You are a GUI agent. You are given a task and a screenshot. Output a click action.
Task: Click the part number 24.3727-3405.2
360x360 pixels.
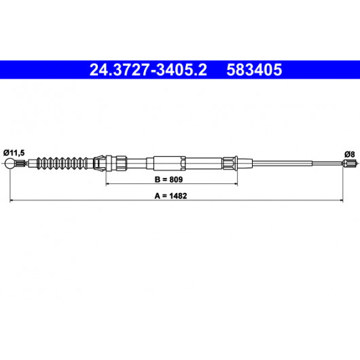click(x=148, y=70)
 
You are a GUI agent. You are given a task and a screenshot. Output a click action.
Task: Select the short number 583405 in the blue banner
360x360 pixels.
click(x=254, y=70)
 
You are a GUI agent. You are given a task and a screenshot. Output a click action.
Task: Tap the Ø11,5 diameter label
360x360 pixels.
click(x=14, y=153)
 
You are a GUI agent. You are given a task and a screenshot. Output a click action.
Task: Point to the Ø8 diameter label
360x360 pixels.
click(x=349, y=154)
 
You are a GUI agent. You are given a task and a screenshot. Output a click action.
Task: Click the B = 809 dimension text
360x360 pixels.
click(x=168, y=179)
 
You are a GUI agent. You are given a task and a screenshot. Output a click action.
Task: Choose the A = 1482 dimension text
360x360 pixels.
click(x=170, y=196)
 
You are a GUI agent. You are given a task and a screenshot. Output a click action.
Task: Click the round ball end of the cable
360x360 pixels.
click(x=10, y=164)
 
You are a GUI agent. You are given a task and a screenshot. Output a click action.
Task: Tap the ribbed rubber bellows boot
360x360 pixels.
click(x=62, y=164)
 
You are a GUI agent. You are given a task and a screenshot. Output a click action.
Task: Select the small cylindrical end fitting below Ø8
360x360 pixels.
click(x=349, y=164)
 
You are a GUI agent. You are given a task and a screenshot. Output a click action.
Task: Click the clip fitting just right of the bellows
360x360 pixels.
click(x=99, y=164)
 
